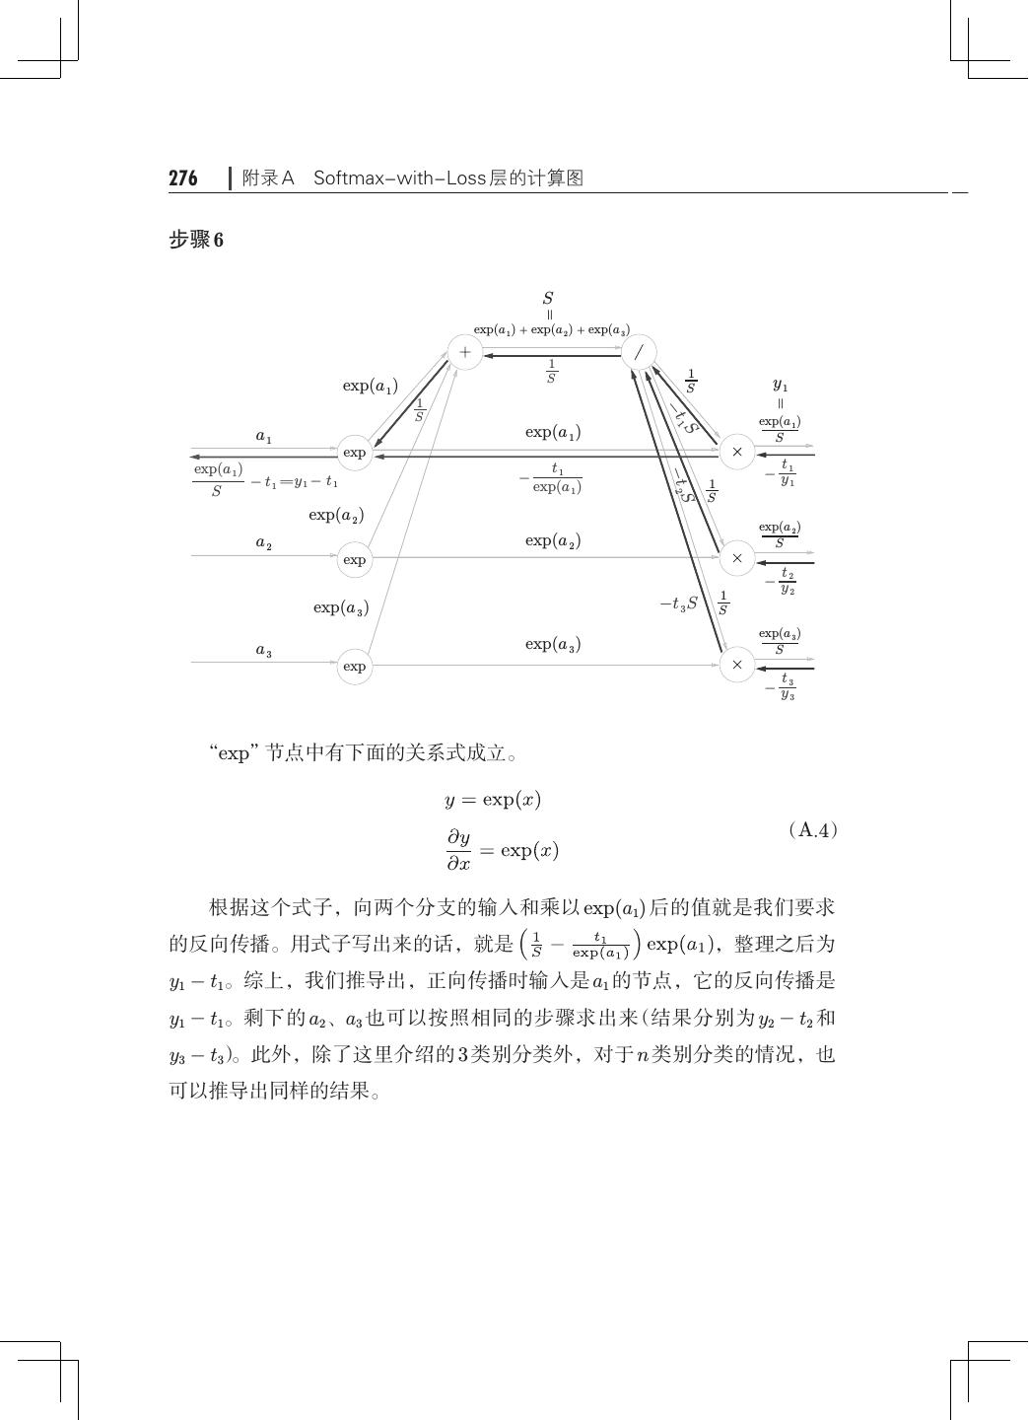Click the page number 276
[183, 178]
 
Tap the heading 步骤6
[196, 240]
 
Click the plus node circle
[465, 352]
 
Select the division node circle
[639, 352]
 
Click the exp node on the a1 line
[355, 453]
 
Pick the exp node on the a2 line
[355, 559]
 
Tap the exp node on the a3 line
[355, 666]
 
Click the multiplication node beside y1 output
[736, 452]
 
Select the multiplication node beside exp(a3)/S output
[736, 665]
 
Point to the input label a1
[264, 436]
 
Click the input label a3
[264, 650]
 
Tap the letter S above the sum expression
[548, 298]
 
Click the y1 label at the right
[780, 386]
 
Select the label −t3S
[679, 603]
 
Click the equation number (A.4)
[813, 829]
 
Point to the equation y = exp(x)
[493, 800]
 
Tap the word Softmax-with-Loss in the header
[394, 178]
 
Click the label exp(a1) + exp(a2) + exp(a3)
[552, 329]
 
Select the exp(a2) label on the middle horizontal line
[553, 540]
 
